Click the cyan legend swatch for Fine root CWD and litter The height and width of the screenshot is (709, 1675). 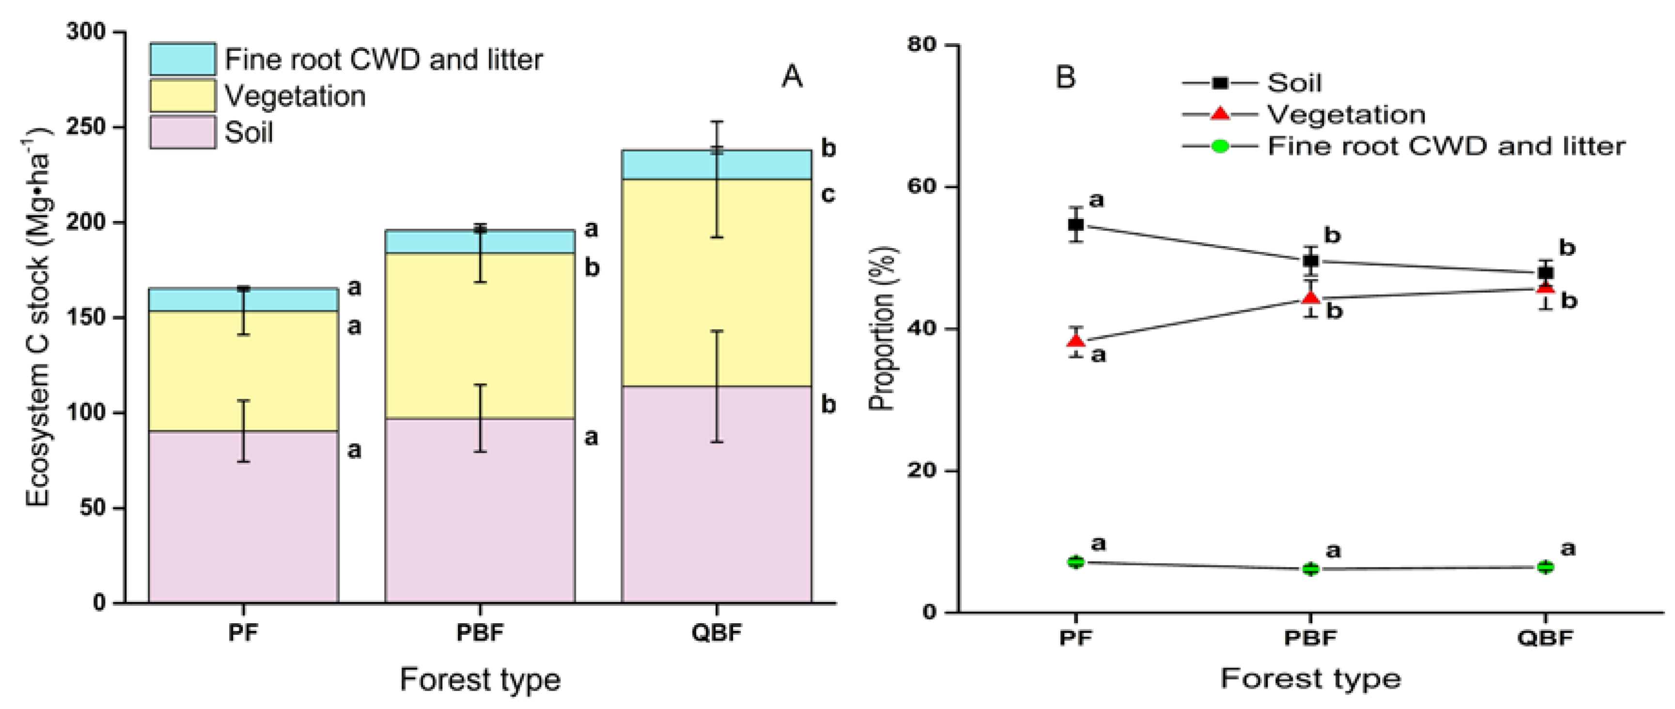click(x=182, y=59)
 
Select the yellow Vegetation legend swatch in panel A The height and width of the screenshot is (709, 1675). click(x=182, y=95)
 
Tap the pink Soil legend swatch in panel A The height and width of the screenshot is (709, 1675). click(x=182, y=132)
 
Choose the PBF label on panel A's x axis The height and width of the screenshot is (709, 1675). click(x=480, y=633)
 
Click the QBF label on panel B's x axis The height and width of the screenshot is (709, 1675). click(x=1545, y=637)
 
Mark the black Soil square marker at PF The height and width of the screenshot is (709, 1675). click(x=1076, y=225)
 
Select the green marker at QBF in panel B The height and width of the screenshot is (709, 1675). click(x=1546, y=567)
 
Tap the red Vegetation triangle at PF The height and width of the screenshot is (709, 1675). click(x=1076, y=341)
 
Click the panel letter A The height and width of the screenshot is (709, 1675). click(x=791, y=77)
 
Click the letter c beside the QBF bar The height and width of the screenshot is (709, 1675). click(x=828, y=194)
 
